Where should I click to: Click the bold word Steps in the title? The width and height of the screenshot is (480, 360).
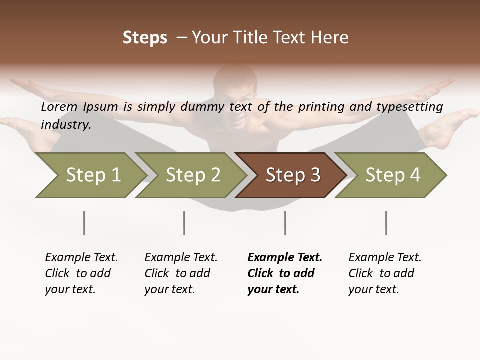145,38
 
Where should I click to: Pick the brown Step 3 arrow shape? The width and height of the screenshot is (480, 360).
292,175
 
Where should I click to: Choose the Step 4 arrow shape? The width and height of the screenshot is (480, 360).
392,175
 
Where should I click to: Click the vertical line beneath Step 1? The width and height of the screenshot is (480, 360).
84,223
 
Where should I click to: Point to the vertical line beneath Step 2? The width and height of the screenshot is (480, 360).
184,223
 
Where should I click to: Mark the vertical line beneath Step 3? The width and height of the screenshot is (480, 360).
285,223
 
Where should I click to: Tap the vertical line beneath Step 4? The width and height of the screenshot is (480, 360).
386,223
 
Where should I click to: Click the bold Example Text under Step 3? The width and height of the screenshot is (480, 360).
285,273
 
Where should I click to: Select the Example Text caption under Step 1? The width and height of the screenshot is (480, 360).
81,273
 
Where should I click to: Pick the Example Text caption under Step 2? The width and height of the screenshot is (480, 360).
181,273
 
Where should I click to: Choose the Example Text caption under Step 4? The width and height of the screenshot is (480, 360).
385,273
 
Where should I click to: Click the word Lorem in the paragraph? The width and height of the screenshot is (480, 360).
59,106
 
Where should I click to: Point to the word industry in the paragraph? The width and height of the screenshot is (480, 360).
66,124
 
